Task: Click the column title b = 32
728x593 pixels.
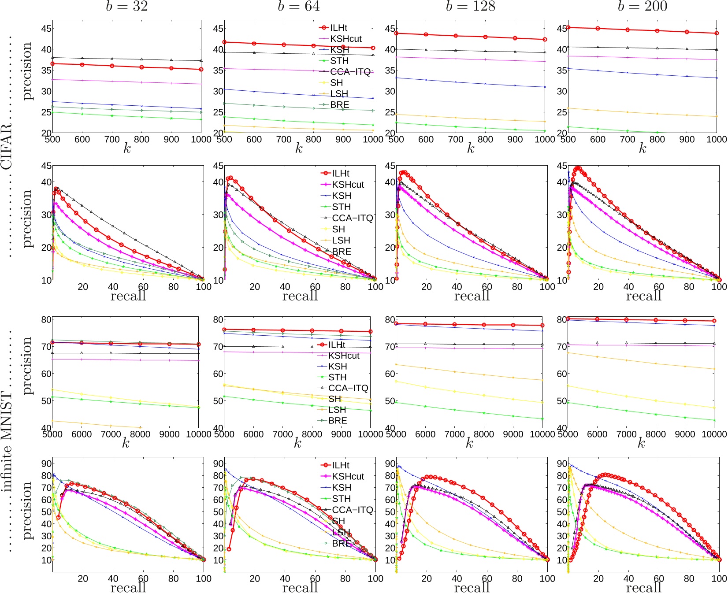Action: (x=126, y=6)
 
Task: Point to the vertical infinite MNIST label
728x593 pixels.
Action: (x=7, y=441)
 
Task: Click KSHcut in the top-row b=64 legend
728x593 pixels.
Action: (x=345, y=39)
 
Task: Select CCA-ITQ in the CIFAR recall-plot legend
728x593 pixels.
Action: (x=352, y=218)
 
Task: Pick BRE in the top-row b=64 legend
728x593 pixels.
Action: (x=339, y=105)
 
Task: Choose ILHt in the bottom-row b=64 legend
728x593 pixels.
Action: (x=340, y=465)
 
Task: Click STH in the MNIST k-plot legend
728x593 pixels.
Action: (x=337, y=377)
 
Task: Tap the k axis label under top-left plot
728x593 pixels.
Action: (x=127, y=149)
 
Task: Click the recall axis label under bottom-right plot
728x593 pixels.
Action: (x=643, y=588)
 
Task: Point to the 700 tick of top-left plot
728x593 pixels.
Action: (x=112, y=139)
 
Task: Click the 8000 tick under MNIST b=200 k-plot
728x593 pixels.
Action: (x=656, y=434)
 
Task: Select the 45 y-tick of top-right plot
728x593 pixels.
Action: (x=561, y=29)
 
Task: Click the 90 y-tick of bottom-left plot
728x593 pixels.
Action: (x=46, y=463)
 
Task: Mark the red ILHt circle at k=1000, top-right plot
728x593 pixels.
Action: (x=717, y=33)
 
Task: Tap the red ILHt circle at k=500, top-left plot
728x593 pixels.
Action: (x=53, y=64)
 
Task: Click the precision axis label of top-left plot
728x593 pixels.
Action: (x=27, y=70)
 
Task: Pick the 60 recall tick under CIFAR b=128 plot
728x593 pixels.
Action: (x=487, y=287)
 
